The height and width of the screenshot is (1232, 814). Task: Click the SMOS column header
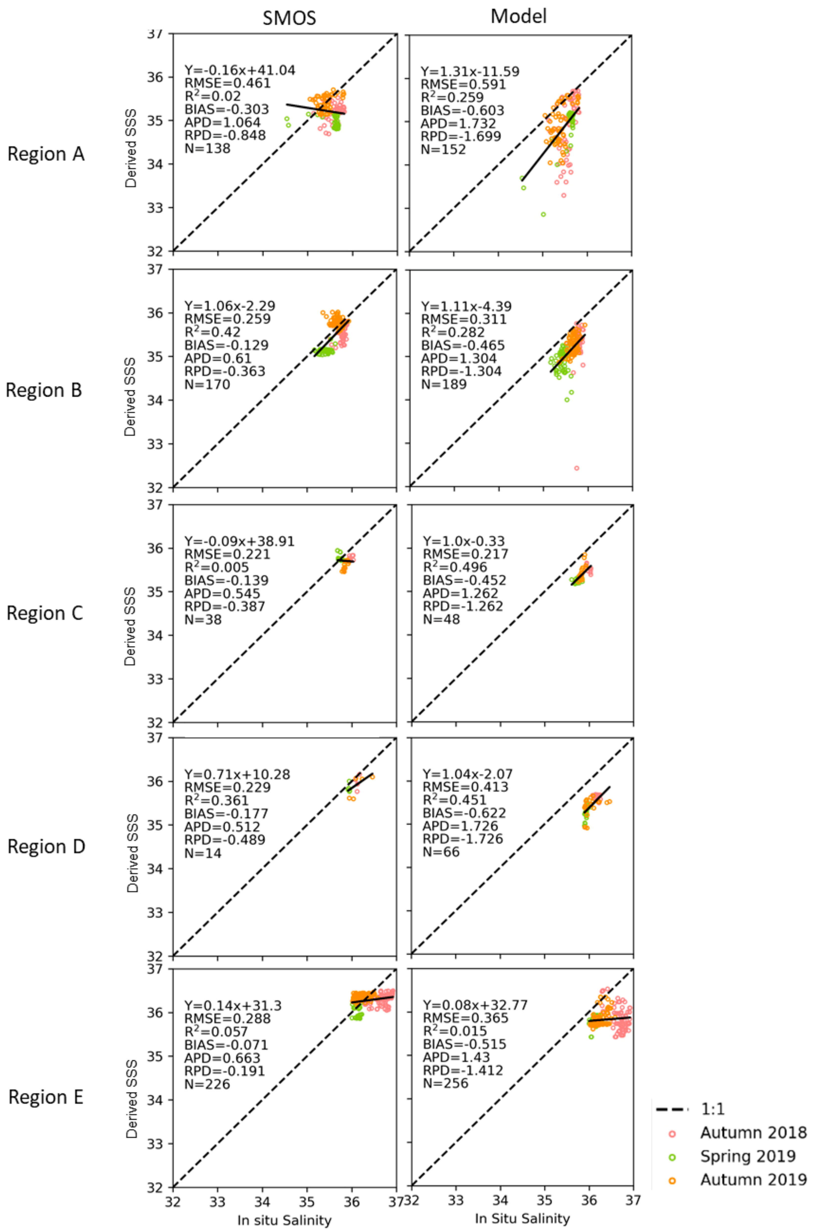[x=289, y=18]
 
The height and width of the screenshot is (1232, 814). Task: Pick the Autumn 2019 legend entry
[x=753, y=1180]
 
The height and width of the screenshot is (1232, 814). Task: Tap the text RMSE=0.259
[x=227, y=319]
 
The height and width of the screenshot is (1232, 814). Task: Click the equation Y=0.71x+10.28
[x=237, y=774]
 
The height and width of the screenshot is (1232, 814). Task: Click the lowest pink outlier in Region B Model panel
[x=576, y=468]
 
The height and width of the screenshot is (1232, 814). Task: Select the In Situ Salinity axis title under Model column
[x=522, y=1218]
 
